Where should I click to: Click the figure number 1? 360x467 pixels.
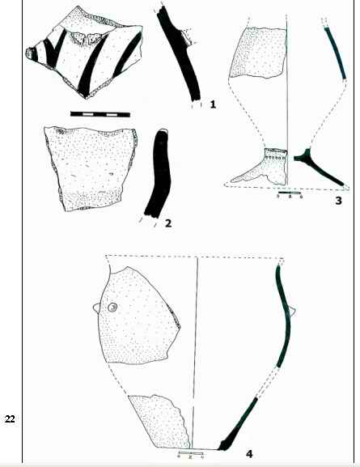point(213,104)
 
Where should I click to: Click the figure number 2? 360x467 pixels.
point(168,223)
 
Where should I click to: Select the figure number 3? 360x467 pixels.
point(338,201)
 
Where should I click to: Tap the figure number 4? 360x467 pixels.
point(249,454)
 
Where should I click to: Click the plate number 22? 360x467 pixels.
point(10,419)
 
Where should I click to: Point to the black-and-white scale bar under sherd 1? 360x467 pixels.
point(100,114)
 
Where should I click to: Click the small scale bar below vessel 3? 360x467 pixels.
point(290,193)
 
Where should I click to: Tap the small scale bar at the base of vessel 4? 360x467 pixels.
point(191,454)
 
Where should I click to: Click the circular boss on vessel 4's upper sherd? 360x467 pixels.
point(112,307)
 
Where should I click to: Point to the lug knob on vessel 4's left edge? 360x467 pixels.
point(96,308)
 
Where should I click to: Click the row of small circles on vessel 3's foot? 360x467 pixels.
point(277,157)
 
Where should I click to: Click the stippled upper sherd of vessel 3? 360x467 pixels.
point(258,53)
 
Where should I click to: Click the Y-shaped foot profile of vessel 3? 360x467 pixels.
point(316,164)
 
